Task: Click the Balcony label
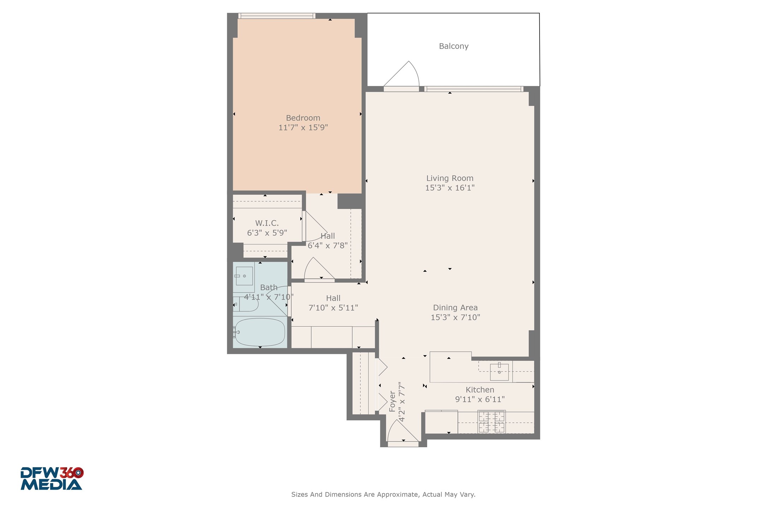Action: [453, 46]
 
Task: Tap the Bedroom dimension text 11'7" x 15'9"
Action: [303, 128]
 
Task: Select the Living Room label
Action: [450, 178]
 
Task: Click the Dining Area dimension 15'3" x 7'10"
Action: [455, 317]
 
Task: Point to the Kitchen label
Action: [480, 390]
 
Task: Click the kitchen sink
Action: [499, 372]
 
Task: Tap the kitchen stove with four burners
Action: [491, 421]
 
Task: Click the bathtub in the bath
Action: [260, 332]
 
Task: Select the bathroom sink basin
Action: [244, 276]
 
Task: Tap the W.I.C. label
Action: [267, 223]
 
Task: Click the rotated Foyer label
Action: [392, 401]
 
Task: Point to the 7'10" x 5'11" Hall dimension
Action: [333, 308]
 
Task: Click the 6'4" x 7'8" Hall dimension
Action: [328, 245]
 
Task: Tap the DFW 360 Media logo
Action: [52, 478]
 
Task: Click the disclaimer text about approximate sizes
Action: [383, 494]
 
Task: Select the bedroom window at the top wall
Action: [277, 16]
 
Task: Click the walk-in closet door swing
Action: [315, 226]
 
